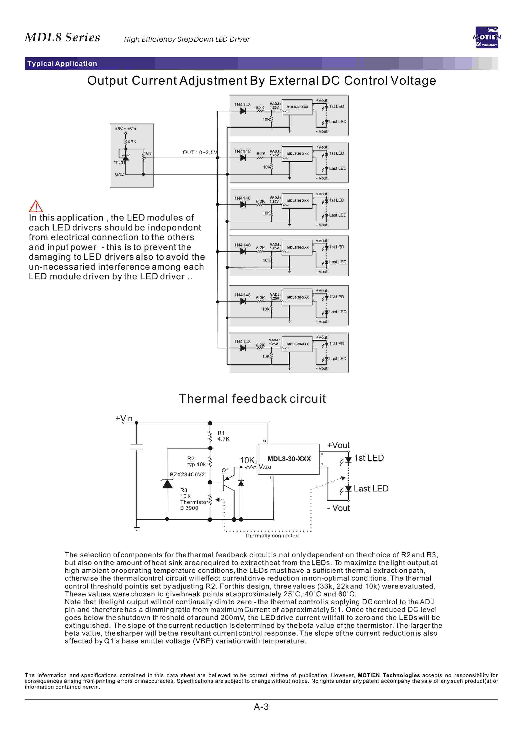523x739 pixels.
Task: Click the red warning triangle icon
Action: point(36,206)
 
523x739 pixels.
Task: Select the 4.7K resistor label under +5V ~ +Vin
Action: point(132,142)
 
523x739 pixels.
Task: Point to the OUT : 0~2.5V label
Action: point(200,152)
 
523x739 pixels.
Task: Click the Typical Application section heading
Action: point(62,63)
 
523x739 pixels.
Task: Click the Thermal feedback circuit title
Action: point(252,399)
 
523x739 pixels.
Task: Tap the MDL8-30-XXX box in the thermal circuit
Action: point(289,459)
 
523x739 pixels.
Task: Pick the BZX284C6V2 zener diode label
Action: point(187,474)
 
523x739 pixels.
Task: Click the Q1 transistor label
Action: point(225,470)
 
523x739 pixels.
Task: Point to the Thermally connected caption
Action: point(272,536)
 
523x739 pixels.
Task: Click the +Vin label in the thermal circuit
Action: point(124,418)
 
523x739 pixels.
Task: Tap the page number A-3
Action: point(261,707)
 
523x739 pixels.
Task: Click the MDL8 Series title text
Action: point(63,37)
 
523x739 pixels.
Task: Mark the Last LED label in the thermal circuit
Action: point(371,489)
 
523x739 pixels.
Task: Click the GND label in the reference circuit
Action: point(119,174)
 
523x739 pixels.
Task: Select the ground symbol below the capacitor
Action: point(137,529)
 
